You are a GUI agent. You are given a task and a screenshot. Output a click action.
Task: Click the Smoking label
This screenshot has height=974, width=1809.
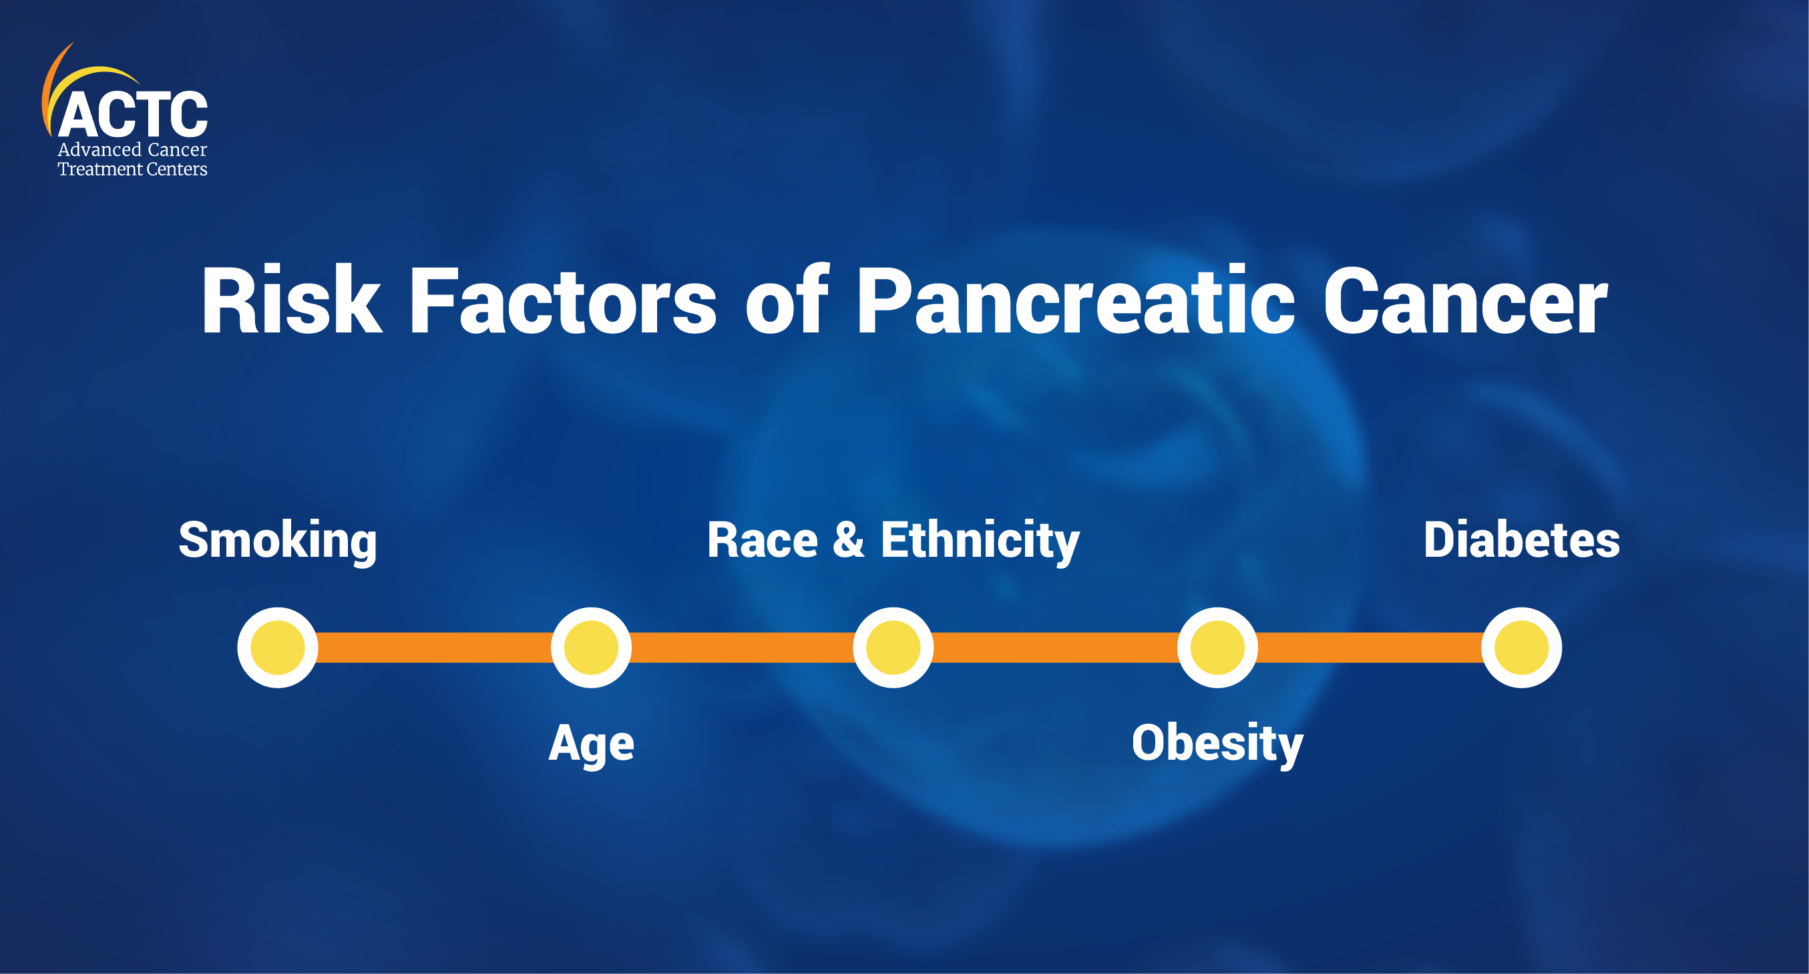pyautogui.click(x=277, y=541)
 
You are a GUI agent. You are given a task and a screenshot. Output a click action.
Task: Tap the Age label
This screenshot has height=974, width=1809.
pyautogui.click(x=591, y=744)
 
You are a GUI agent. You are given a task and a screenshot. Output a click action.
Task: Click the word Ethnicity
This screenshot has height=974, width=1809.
pyautogui.click(x=980, y=541)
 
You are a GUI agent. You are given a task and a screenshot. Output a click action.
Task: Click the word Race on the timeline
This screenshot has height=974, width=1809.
pyautogui.click(x=763, y=541)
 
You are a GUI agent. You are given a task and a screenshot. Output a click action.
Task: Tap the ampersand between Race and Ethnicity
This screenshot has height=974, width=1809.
pyautogui.click(x=849, y=540)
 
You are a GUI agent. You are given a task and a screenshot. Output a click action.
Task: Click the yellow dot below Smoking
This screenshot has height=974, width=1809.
pyautogui.click(x=277, y=648)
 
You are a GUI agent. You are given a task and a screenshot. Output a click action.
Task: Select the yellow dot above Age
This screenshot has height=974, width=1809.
pyautogui.click(x=591, y=648)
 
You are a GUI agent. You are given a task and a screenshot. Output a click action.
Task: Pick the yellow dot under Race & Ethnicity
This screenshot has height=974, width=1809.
pyautogui.click(x=893, y=648)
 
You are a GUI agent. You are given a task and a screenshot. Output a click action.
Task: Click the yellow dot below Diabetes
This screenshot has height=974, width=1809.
pyautogui.click(x=1521, y=648)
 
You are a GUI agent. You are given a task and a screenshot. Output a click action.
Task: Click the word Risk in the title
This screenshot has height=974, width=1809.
pyautogui.click(x=291, y=300)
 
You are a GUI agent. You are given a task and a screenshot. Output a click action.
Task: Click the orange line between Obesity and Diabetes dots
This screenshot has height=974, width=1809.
pyautogui.click(x=1370, y=648)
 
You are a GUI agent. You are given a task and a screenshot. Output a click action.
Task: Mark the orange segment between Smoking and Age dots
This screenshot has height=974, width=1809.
pyautogui.click(x=434, y=648)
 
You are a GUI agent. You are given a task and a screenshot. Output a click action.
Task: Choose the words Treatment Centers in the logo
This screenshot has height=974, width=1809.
pyautogui.click(x=132, y=170)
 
